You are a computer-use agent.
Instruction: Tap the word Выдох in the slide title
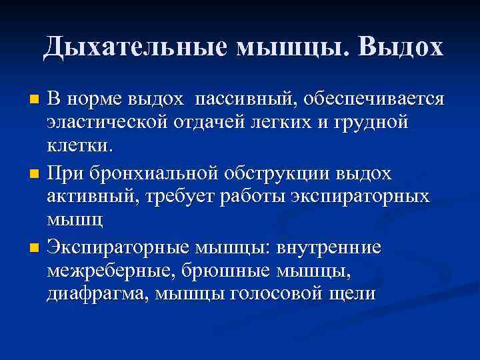[x=400, y=46]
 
